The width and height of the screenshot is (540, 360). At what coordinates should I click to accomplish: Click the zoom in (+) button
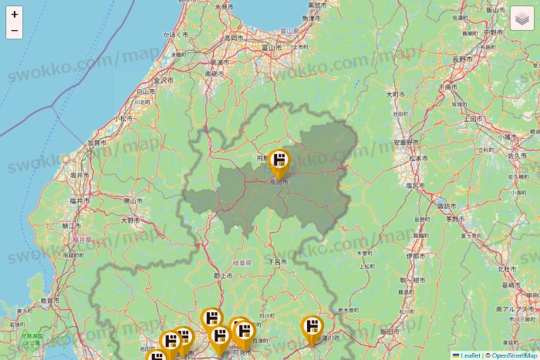[x=15, y=14]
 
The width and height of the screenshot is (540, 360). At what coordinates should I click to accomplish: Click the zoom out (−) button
[x=15, y=31]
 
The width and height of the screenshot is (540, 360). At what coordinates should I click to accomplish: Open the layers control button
[x=522, y=18]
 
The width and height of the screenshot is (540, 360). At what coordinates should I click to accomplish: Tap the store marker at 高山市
[x=279, y=163]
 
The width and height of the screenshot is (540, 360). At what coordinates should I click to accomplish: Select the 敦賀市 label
[x=49, y=300]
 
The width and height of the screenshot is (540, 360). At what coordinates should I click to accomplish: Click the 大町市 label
[x=396, y=94]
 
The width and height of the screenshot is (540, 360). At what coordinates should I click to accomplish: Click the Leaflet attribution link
[x=470, y=355]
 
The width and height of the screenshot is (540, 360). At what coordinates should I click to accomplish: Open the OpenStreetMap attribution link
[x=514, y=355]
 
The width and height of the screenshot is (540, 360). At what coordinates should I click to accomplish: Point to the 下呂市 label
[x=277, y=262]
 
